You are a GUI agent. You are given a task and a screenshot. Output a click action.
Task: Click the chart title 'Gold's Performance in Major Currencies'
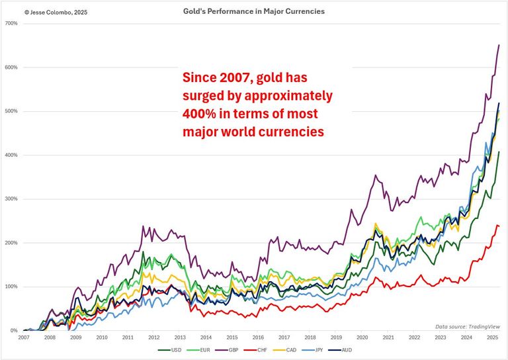253,11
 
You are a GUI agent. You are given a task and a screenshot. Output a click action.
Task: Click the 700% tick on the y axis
11,24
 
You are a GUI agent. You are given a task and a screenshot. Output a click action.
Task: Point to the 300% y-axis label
11,199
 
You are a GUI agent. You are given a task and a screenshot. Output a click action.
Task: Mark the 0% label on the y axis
13,330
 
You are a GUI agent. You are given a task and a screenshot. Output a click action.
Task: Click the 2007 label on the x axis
23,337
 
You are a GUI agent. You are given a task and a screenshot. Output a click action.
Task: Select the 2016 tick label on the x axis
257,337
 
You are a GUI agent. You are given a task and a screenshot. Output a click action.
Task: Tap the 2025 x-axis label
490,337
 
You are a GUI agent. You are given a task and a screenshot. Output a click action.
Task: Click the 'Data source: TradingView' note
468,326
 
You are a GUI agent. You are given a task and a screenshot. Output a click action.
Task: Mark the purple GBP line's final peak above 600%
498,45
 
